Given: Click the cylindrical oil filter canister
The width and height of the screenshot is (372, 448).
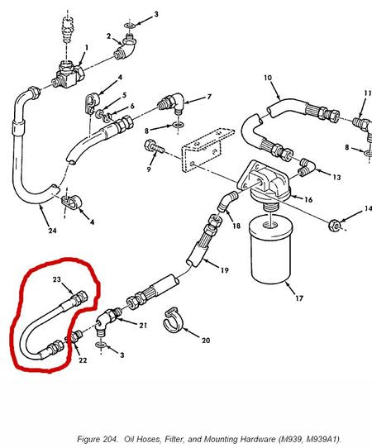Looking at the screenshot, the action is click(271, 250).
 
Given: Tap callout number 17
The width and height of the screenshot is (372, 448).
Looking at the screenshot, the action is click(299, 298).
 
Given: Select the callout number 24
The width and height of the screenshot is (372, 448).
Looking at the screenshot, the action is click(52, 231).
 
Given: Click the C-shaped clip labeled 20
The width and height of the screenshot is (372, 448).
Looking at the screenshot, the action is click(173, 320).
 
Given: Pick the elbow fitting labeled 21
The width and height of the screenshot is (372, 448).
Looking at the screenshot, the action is click(107, 320).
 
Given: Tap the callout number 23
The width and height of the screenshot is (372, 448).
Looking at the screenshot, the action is click(57, 279).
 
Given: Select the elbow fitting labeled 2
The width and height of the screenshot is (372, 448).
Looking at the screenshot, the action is click(126, 47).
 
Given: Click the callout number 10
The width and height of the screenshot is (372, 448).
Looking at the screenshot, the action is click(268, 78).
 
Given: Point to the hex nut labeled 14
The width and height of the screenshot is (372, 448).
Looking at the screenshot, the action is click(335, 225).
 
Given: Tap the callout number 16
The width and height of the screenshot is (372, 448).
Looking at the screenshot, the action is click(308, 199).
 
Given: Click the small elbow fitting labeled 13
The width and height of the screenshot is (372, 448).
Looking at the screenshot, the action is click(307, 166).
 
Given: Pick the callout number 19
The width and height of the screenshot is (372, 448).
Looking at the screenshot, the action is click(225, 270).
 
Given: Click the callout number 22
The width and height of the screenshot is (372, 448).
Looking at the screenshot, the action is click(83, 360).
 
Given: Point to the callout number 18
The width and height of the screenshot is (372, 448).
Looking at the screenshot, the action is click(236, 226).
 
